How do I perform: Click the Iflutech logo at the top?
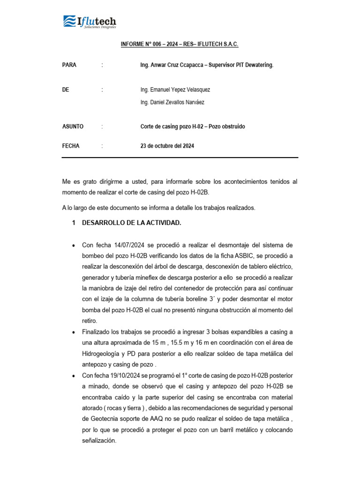click(90, 22)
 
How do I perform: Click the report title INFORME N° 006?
click(180, 44)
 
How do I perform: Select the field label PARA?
click(69, 65)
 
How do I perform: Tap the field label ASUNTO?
click(73, 127)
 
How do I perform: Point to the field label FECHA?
click(71, 146)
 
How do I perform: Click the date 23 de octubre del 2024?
click(167, 146)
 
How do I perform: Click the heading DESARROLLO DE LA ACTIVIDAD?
click(131, 223)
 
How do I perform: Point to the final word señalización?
click(98, 441)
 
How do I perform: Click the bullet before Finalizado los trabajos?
click(74, 332)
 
